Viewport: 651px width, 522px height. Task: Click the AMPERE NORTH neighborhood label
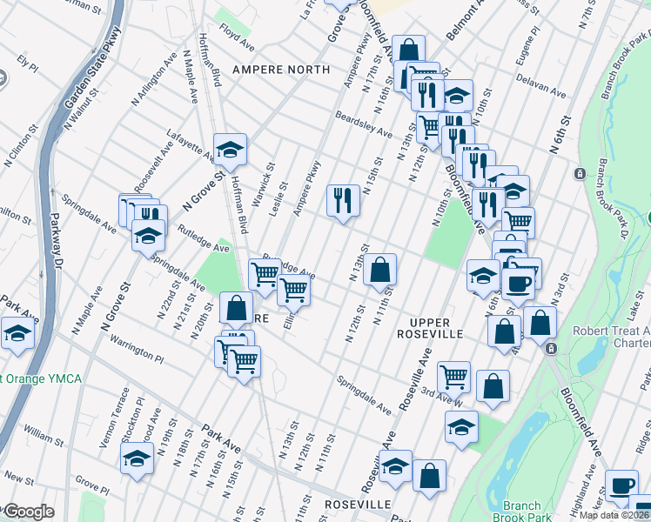pos(280,69)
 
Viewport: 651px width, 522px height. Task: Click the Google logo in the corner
pos(28,512)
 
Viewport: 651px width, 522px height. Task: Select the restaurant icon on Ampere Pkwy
pos(343,201)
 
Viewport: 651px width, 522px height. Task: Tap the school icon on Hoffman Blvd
pos(231,151)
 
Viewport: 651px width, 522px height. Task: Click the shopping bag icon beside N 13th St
pos(380,269)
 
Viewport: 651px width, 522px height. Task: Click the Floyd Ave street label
pos(236,37)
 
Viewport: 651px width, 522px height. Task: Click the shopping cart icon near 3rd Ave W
pos(453,377)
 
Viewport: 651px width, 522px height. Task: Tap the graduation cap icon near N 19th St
pos(137,458)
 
